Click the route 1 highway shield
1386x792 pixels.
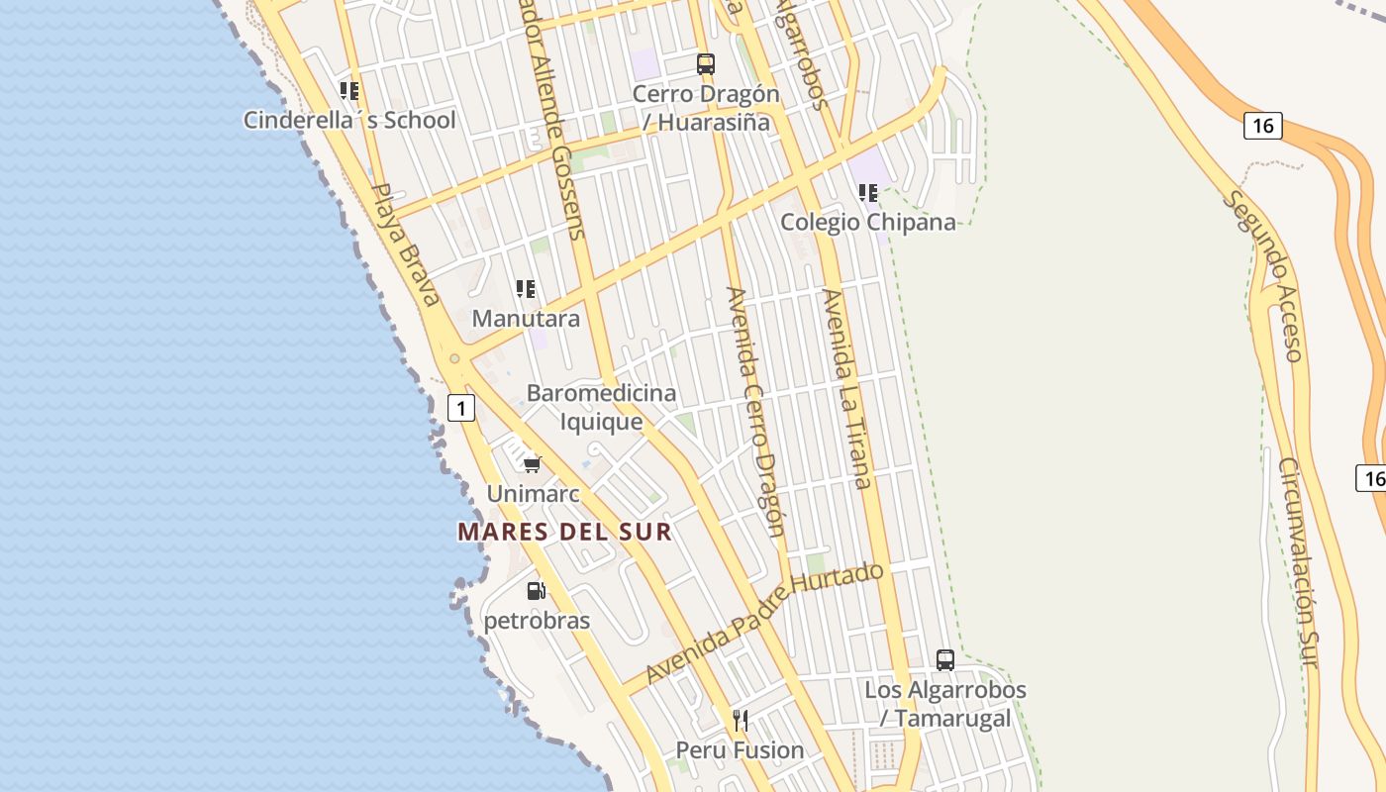461,407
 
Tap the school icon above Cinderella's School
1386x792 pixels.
348,91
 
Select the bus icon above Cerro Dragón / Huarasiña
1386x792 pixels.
705,64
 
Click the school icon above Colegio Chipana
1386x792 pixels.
868,193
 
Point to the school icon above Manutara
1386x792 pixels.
526,289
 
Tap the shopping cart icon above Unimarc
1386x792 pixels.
533,463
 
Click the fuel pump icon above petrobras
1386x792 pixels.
536,591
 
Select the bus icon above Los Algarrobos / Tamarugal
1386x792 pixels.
944,659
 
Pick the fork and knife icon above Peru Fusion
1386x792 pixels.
740,720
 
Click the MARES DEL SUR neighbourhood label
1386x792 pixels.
564,532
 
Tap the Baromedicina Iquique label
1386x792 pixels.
601,407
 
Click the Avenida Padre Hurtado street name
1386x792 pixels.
763,623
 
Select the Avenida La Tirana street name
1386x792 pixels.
846,388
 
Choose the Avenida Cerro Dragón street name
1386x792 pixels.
756,411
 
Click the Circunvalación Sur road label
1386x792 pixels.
1303,561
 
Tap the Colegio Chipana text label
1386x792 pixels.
868,222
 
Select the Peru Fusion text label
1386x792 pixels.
740,750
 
